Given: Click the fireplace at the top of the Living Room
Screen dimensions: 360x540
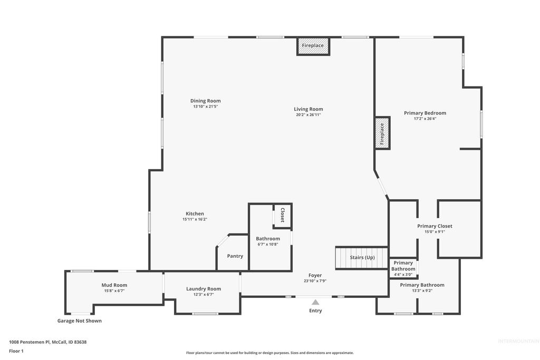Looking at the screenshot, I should point(313,46).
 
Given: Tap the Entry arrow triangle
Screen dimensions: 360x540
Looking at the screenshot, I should point(315,302).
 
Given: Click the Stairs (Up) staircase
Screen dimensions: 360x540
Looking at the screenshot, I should point(362,257).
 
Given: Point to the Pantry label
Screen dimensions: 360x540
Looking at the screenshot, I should point(235,256).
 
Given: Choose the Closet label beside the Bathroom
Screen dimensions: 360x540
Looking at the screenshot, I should point(282,215).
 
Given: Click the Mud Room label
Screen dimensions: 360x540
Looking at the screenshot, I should point(114,285).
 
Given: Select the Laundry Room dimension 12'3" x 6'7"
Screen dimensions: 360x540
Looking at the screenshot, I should point(203,295).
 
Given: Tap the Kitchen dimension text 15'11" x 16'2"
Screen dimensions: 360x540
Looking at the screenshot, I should point(195,219).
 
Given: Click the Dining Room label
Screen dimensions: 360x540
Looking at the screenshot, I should point(206,101).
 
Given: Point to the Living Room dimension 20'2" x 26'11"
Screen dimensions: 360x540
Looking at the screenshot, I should point(308,114).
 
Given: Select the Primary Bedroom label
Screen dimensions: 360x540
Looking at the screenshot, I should point(425,113).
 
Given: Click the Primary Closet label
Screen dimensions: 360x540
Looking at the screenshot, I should point(435,226).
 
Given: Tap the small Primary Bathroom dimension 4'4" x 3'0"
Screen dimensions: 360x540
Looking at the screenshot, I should point(403,275).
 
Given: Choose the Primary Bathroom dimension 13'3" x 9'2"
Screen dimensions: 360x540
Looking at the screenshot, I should point(422,290).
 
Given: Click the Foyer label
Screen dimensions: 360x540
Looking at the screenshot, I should point(315,275).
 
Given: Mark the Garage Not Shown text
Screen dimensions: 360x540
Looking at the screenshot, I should point(80,320).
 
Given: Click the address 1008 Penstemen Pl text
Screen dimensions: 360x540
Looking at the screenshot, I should point(47,342).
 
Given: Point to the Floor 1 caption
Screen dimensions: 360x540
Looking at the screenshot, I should point(16,351).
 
